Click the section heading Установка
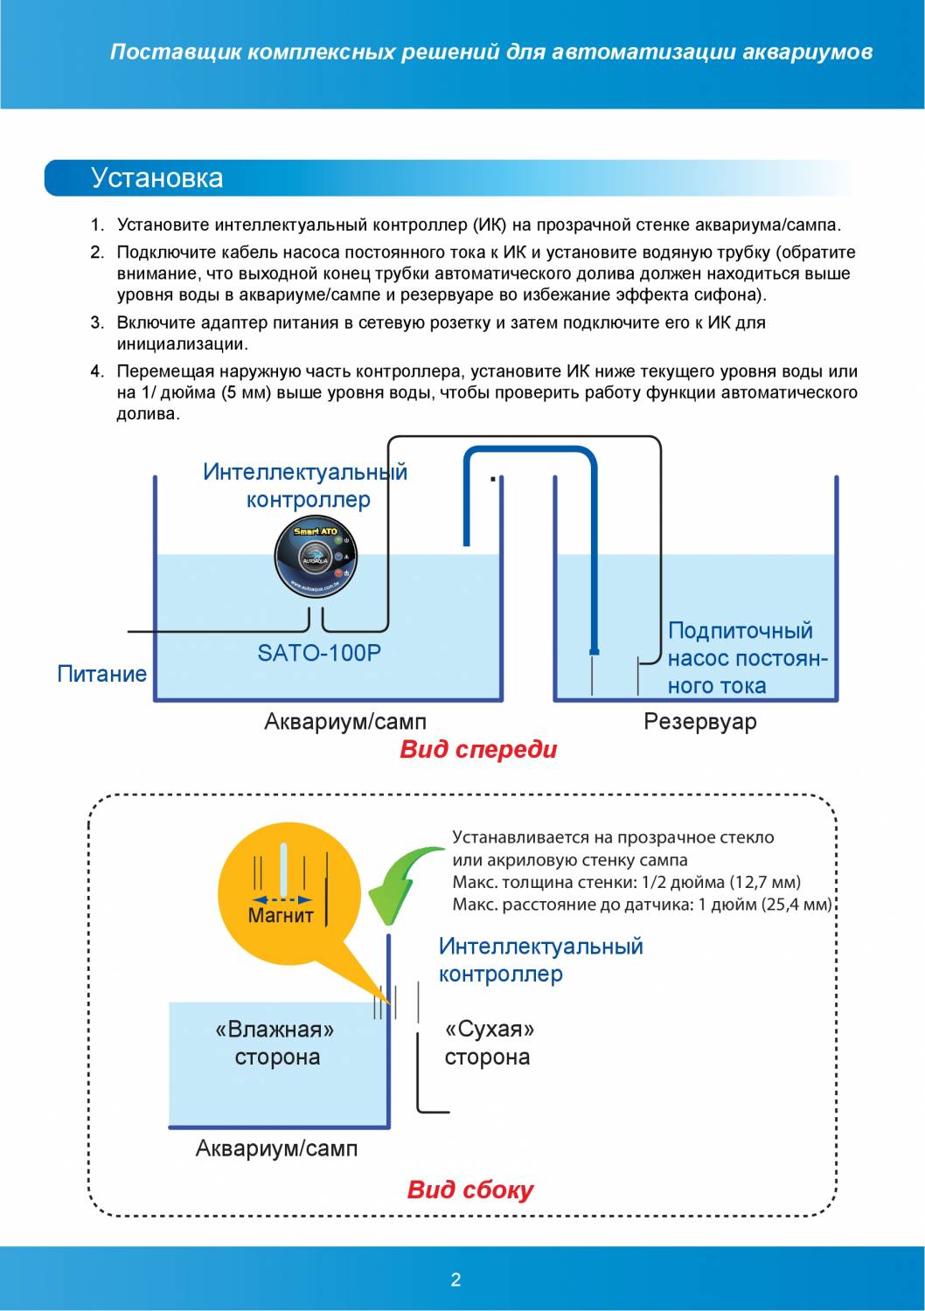[x=157, y=177]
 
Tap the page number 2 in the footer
[x=456, y=1280]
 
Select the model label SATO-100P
[x=319, y=653]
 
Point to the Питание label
[x=101, y=674]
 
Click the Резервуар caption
[x=700, y=722]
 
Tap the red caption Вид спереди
[x=478, y=749]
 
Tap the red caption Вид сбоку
[x=469, y=1190]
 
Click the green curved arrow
[x=405, y=882]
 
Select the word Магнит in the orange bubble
[x=281, y=915]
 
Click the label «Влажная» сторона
[x=276, y=1043]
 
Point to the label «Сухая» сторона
[x=488, y=1043]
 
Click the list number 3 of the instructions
[x=97, y=323]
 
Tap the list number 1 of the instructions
[x=97, y=225]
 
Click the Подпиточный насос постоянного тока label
[x=747, y=658]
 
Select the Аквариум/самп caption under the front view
[x=345, y=722]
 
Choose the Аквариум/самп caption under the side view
[x=276, y=1148]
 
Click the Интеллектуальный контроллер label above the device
[x=305, y=486]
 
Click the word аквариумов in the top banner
[x=807, y=52]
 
